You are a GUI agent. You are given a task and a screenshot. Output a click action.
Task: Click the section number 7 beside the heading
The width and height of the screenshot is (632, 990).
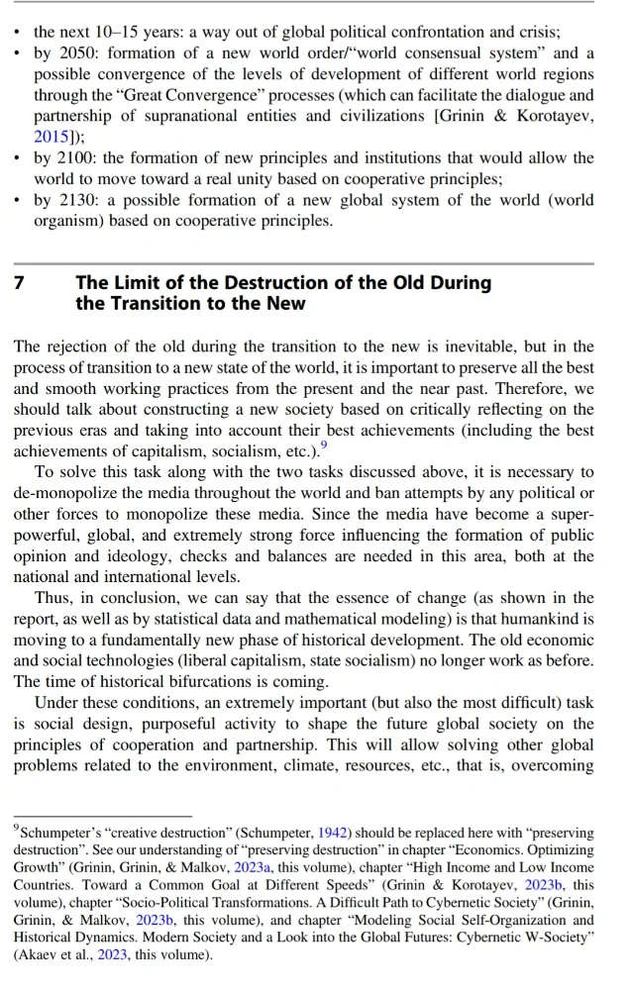(x=19, y=283)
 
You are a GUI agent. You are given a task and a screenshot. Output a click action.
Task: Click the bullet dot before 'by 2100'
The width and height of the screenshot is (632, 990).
(x=18, y=158)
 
